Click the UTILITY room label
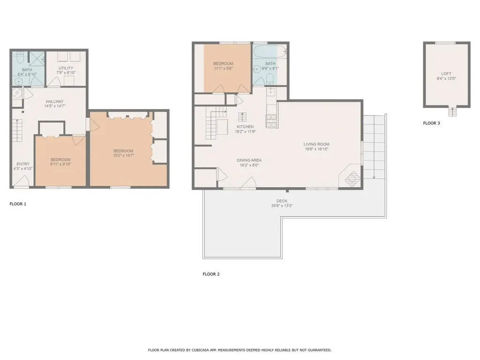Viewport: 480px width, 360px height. coord(66,68)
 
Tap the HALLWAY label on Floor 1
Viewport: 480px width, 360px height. coord(54,101)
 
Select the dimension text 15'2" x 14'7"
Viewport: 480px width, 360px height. coord(124,155)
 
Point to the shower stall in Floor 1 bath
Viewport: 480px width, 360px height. coord(36,58)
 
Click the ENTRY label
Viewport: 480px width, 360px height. coord(22,164)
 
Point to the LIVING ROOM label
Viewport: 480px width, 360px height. coord(316,144)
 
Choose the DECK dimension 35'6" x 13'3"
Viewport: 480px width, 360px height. coord(282,206)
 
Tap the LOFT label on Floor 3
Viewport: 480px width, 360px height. coord(447,74)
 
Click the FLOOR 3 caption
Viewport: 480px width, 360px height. coord(432,124)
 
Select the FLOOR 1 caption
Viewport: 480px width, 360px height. coord(18,204)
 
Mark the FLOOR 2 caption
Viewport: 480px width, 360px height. coord(211,274)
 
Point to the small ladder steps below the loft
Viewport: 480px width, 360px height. coord(452,112)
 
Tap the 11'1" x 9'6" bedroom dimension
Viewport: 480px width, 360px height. coord(223,68)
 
